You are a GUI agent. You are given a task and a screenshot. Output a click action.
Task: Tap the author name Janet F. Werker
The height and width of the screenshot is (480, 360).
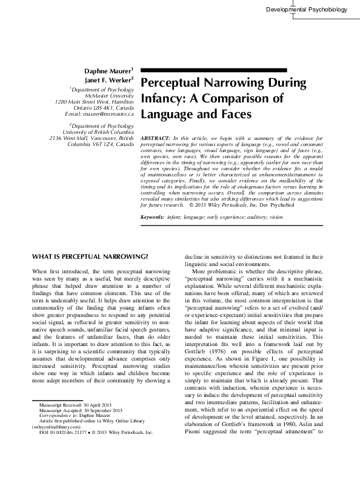coord(107,79)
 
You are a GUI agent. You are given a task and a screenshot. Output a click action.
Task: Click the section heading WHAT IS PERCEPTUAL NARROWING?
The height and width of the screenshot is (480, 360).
coord(89,256)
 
